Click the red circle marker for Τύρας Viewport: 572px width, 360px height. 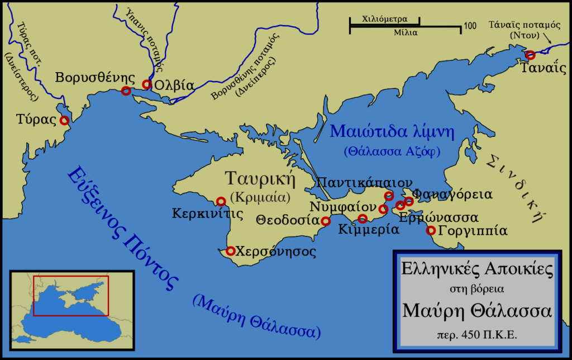pyautogui.click(x=64, y=120)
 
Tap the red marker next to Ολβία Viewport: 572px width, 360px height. pyautogui.click(x=147, y=84)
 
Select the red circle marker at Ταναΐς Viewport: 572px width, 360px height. pyautogui.click(x=530, y=55)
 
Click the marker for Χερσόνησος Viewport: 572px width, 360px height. pyautogui.click(x=230, y=251)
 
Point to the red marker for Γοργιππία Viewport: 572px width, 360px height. pyautogui.click(x=431, y=230)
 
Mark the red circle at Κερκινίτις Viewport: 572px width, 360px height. pyautogui.click(x=221, y=201)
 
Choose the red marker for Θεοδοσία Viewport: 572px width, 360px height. pyautogui.click(x=326, y=221)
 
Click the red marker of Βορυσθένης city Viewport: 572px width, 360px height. pyautogui.click(x=126, y=91)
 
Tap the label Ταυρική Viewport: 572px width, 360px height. pyautogui.click(x=259, y=179)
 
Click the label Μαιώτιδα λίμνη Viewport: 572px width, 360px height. pyautogui.click(x=392, y=132)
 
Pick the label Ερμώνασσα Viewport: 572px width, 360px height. pyautogui.click(x=438, y=216)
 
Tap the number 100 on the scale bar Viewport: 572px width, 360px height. pyautogui.click(x=469, y=26)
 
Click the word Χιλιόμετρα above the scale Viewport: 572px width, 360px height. pyautogui.click(x=384, y=18)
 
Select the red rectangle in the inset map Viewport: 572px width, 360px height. pyautogui.click(x=71, y=296)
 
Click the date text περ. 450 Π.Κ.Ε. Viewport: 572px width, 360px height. pyautogui.click(x=477, y=337)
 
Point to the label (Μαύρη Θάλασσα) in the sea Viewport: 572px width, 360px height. pyautogui.click(x=257, y=316)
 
